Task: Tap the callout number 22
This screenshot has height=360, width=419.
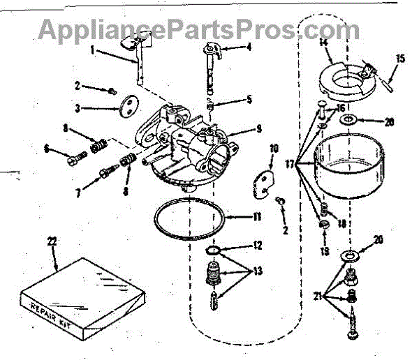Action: click(x=52, y=241)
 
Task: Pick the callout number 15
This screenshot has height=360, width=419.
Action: click(x=399, y=58)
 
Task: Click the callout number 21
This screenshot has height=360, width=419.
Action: click(x=316, y=296)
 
